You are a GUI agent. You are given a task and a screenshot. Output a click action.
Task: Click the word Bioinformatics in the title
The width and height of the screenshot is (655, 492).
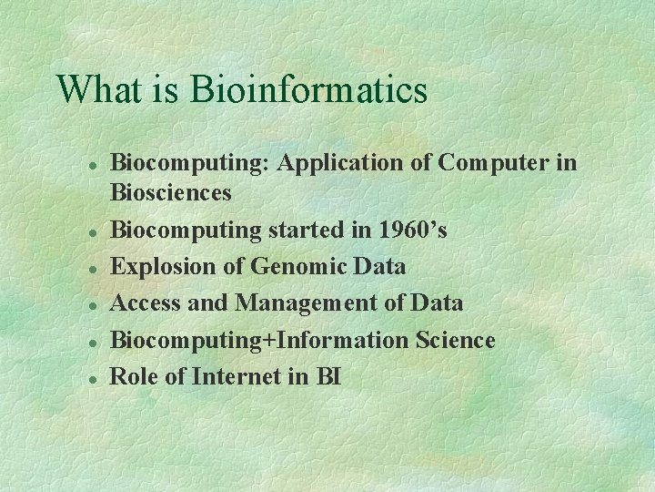tap(308, 90)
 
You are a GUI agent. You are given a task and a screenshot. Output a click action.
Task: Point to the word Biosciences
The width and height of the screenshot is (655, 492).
tap(170, 192)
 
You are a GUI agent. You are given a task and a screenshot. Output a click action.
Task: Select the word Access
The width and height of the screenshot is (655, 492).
tap(144, 303)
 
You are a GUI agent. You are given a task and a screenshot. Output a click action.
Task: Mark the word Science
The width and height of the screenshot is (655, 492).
tap(455, 340)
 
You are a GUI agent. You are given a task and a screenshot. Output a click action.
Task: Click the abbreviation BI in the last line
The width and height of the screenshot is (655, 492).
tap(327, 376)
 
